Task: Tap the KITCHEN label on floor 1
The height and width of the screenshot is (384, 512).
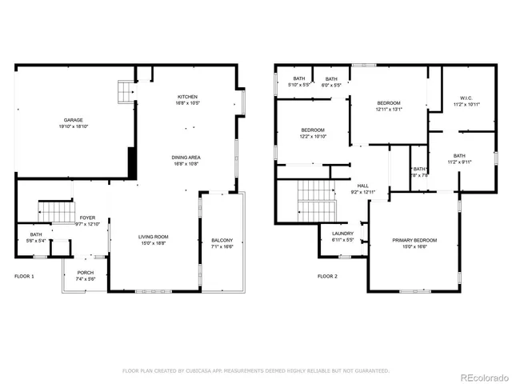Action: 188,97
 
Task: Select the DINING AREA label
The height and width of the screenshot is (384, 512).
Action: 186,158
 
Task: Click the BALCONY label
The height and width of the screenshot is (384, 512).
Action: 222,241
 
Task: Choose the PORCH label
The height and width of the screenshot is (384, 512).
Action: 85,273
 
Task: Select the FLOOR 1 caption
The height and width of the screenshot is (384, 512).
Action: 25,276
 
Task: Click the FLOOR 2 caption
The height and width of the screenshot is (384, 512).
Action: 327,276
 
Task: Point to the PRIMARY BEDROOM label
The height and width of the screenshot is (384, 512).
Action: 414,240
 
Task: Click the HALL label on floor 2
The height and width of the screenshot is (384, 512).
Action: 362,185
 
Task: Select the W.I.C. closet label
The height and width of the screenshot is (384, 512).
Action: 465,98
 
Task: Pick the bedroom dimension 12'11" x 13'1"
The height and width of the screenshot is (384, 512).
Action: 389,110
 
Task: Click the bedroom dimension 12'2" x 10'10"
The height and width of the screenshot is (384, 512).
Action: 313,136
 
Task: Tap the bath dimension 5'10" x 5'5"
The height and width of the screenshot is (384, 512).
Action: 299,85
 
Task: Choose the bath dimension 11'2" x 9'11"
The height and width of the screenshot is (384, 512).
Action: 459,162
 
